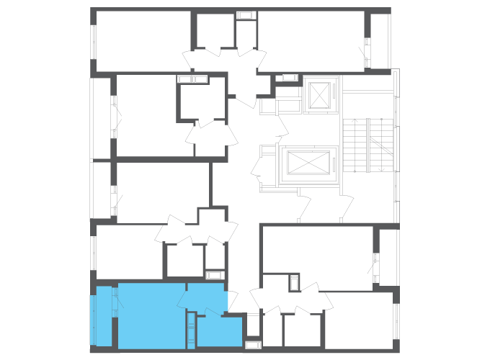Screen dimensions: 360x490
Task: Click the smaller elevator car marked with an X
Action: pyautogui.click(x=318, y=96)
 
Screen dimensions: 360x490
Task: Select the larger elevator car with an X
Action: pyautogui.click(x=308, y=163)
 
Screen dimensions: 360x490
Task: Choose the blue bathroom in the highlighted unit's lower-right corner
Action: pyautogui.click(x=219, y=331)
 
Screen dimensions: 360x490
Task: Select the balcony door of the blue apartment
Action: pyautogui.click(x=116, y=302)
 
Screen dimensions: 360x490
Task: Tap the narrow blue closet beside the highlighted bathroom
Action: pyautogui.click(x=191, y=330)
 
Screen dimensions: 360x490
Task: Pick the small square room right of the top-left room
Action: pyautogui.click(x=215, y=32)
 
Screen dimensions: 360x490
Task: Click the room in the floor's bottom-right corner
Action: pyautogui.click(x=358, y=320)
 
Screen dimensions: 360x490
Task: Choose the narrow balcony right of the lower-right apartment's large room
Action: pyautogui.click(x=388, y=258)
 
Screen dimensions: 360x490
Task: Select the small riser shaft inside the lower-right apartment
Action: pyautogui.click(x=294, y=282)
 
